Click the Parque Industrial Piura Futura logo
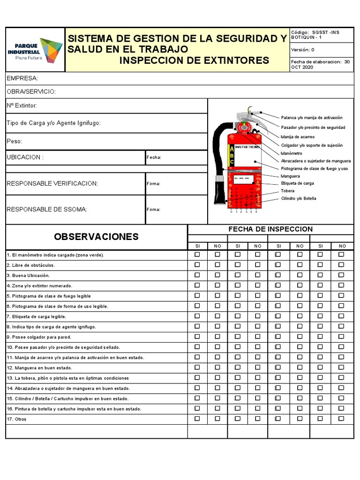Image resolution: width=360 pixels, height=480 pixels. coord(35,50)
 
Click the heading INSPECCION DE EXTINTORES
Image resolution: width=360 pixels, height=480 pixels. coord(194,60)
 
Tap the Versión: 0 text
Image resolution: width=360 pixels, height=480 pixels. coord(303,50)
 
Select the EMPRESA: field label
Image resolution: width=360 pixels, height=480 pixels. coord(22,78)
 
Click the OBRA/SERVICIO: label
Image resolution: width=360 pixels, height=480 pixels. coord(31,91)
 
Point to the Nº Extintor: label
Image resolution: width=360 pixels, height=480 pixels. coord(22,106)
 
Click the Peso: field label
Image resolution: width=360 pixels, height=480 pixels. coord(15,141)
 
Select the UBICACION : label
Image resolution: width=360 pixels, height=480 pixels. coord(25,157)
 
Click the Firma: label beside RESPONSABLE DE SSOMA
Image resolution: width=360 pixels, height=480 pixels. coord(153,210)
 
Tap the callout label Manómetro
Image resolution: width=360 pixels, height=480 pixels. coord(292,153)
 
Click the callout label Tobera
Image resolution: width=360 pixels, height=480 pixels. coord(288,191)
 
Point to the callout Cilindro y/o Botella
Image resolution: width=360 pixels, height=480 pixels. coord(299,198)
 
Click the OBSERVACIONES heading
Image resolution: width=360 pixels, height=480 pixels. coord(96,237)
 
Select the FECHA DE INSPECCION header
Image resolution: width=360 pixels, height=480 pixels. coord(270,229)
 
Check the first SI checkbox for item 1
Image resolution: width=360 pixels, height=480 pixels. coord(197,255)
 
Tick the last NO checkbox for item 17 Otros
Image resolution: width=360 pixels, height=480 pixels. coord(341,419)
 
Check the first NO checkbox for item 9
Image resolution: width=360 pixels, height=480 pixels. coord(217,337)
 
